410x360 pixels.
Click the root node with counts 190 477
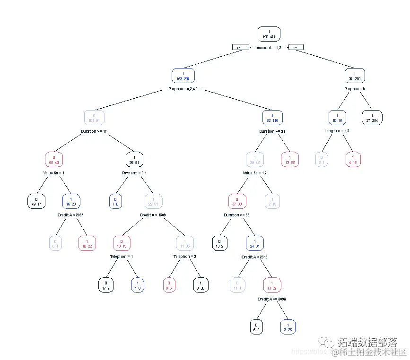pyautogui.click(x=269, y=34)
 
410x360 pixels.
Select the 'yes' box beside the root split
pyautogui.click(x=240, y=47)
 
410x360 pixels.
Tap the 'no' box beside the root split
pyautogui.click(x=296, y=47)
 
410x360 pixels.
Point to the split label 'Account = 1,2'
pyautogui.click(x=269, y=48)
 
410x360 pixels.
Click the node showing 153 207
pyautogui.click(x=183, y=76)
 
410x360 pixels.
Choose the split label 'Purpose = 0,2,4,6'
pyautogui.click(x=183, y=89)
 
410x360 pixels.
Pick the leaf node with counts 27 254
pyautogui.click(x=372, y=118)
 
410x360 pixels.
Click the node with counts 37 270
pyautogui.click(x=355, y=76)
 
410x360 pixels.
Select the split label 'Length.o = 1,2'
pyautogui.click(x=337, y=131)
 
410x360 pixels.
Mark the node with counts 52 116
pyautogui.click(x=272, y=118)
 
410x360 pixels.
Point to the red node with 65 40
pyautogui.click(x=54, y=160)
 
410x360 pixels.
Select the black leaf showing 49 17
pyautogui.click(x=36, y=201)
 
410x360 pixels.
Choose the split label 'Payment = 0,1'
pyautogui.click(x=135, y=173)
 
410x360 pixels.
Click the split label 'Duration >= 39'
pyautogui.click(x=237, y=215)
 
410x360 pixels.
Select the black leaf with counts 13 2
pyautogui.click(x=219, y=243)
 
